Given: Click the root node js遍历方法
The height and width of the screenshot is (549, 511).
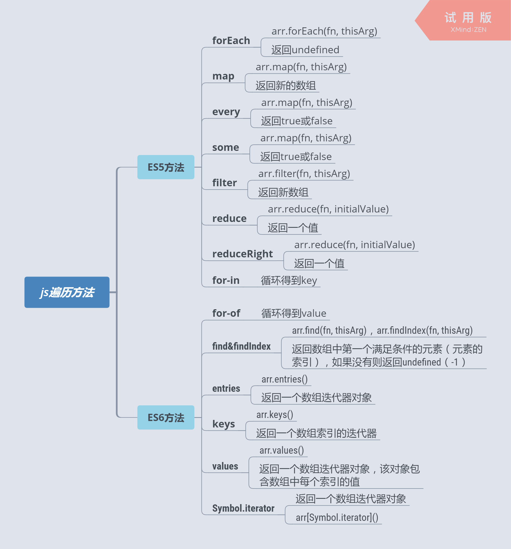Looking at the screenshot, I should (x=67, y=292).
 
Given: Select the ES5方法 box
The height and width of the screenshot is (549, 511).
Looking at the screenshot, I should (x=166, y=167).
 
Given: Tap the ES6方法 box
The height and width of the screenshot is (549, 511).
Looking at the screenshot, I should (x=166, y=417).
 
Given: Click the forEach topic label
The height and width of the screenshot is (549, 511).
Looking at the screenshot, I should (x=231, y=41).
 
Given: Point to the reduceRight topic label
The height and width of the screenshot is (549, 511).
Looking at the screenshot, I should (x=243, y=254).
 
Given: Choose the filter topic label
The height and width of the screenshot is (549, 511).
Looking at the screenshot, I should (x=224, y=183).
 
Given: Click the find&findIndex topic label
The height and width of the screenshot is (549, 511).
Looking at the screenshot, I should (x=241, y=346).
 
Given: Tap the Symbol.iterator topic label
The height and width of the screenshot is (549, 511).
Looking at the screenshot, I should (x=243, y=508).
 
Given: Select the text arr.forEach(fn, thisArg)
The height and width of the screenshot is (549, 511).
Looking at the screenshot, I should (x=324, y=31).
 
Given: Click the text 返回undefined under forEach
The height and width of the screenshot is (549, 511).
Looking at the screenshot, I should (x=305, y=50).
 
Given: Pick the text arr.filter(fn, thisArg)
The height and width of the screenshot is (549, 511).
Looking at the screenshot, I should (x=304, y=174).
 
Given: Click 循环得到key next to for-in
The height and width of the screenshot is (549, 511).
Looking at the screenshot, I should (x=289, y=280).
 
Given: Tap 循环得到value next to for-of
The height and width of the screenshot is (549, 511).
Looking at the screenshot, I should (x=294, y=313).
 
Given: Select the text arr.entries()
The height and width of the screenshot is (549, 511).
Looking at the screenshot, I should (x=284, y=379).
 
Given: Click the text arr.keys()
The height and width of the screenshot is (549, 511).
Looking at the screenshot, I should (x=275, y=415).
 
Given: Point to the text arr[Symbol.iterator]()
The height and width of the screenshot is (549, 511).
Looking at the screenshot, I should (x=337, y=517).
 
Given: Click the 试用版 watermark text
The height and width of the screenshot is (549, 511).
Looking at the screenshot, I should (x=468, y=18).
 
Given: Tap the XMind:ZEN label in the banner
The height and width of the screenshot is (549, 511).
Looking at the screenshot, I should (x=468, y=30).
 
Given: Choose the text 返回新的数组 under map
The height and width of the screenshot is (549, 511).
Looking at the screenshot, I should (x=286, y=86).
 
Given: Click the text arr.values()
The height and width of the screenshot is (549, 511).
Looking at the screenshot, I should (x=282, y=450).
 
